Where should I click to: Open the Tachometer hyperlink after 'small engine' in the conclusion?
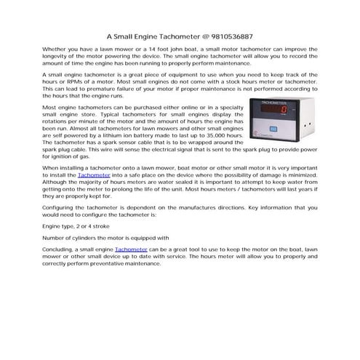pyautogui.click(x=131, y=249)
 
